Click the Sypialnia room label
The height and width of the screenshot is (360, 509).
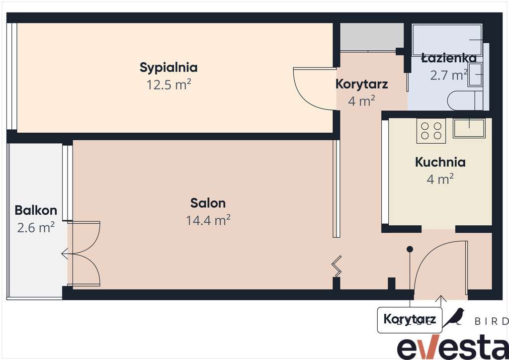point(169,67)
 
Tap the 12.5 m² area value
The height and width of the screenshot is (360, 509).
point(169,85)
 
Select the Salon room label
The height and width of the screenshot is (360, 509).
point(208,203)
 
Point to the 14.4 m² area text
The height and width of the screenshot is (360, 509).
point(208,220)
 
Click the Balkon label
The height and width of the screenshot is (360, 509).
point(36,210)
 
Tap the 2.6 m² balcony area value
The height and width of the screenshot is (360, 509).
point(36,228)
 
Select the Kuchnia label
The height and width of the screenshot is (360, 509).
point(440,162)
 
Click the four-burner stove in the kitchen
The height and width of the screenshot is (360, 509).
point(430,131)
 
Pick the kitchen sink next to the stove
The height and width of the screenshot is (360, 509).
point(469,128)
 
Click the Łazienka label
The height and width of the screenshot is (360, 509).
point(449,58)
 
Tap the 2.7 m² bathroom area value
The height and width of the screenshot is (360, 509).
point(449,75)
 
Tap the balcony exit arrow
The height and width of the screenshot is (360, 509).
point(65,254)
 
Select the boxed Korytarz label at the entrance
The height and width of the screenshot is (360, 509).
point(410,319)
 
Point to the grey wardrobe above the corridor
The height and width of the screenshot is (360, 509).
point(371,36)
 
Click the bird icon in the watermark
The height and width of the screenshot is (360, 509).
point(454,317)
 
